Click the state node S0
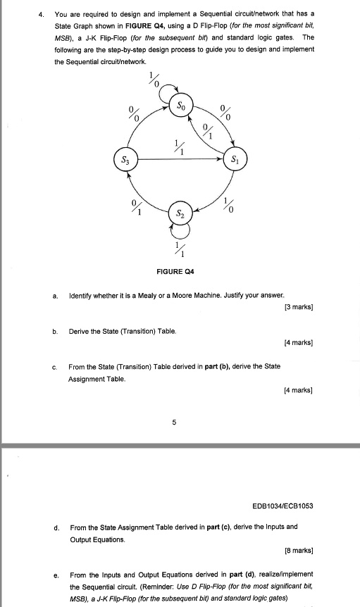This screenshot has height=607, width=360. pyautogui.click(x=181, y=108)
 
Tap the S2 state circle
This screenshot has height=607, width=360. pyautogui.click(x=181, y=212)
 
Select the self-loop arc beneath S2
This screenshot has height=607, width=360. pyautogui.click(x=180, y=231)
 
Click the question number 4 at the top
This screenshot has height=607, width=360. pyautogui.click(x=42, y=13)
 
